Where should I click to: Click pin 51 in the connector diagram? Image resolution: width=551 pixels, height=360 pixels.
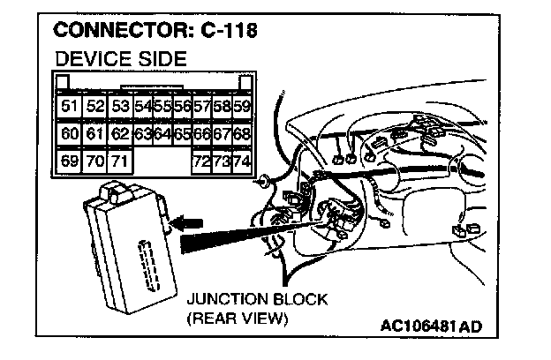click(x=69, y=107)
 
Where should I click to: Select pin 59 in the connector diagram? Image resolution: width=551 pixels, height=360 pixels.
click(x=242, y=107)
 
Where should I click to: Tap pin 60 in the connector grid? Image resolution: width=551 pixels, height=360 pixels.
click(x=69, y=134)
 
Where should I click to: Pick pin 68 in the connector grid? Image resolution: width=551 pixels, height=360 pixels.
click(x=242, y=134)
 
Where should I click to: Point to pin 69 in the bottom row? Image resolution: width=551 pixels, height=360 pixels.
click(x=69, y=161)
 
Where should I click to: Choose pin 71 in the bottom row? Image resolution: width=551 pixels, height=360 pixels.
click(x=120, y=161)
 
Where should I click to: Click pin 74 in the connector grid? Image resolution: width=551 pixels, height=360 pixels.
click(x=242, y=161)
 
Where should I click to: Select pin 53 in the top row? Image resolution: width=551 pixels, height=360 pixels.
click(x=121, y=107)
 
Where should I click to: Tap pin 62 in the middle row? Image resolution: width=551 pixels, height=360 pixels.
click(x=121, y=134)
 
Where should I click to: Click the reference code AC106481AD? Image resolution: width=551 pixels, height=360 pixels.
click(x=432, y=326)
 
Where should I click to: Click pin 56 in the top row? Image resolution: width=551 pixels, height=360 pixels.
click(x=182, y=107)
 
